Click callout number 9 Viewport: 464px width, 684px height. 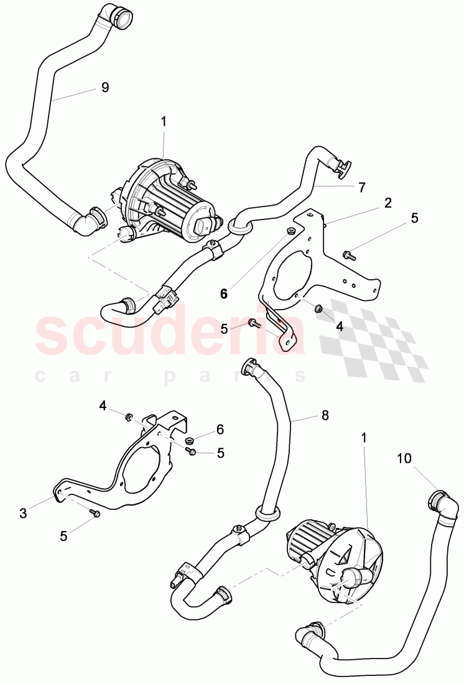(x=105, y=88)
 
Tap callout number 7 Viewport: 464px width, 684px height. (x=362, y=186)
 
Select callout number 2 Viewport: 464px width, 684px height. (x=387, y=203)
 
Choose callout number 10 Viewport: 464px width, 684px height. (x=404, y=459)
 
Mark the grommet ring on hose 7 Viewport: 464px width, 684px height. (x=240, y=225)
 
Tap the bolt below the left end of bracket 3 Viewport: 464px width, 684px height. (x=95, y=514)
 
